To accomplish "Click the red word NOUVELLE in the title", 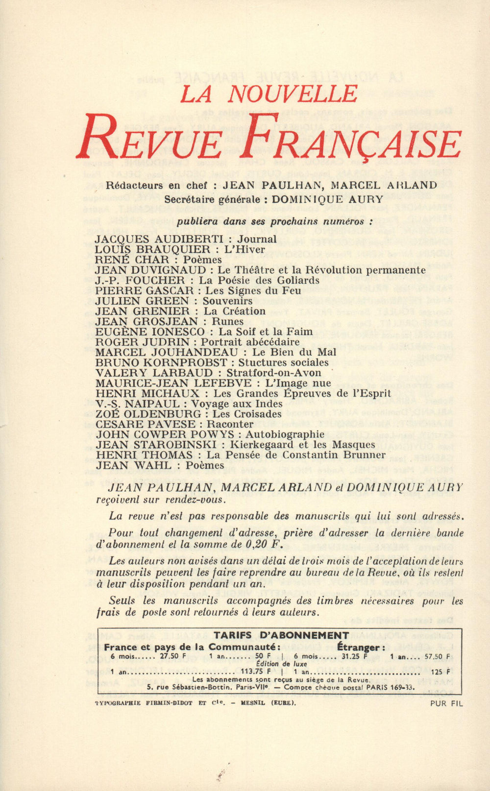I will [x=293, y=94].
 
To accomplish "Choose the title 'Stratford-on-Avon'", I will [x=274, y=373].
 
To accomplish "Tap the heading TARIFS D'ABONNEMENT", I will [x=281, y=635].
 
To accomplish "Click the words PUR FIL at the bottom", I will [x=446, y=704].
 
